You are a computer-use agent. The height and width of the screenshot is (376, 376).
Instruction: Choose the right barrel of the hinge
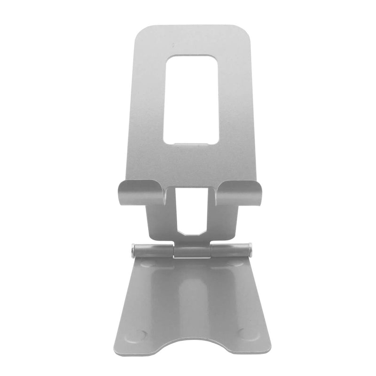click(x=230, y=249)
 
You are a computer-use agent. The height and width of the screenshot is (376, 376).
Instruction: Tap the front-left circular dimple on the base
click(x=138, y=335)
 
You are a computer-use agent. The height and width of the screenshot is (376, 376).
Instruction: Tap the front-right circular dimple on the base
click(x=245, y=334)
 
